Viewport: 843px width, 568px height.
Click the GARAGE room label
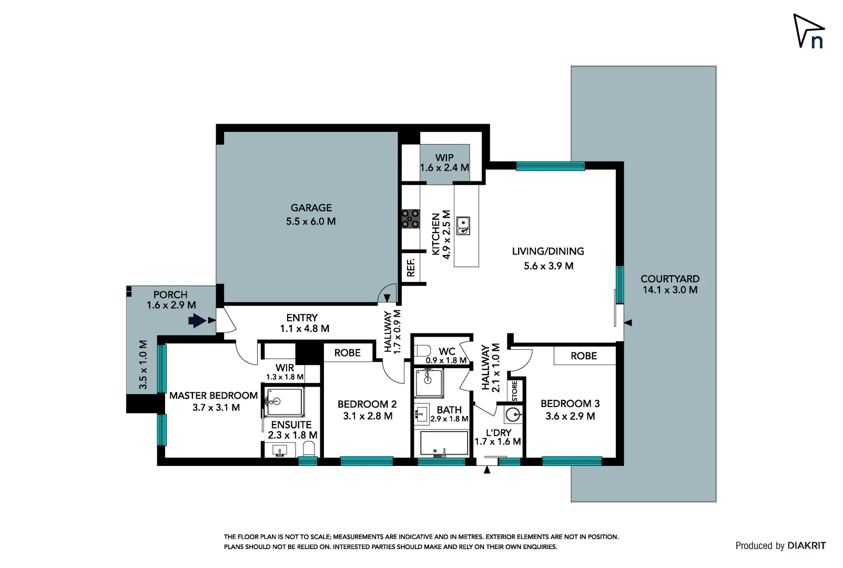tap(311, 208)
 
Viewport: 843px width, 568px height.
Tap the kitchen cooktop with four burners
tap(411, 219)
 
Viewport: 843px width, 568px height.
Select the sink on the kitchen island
tap(463, 226)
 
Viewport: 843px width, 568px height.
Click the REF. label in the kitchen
tap(411, 267)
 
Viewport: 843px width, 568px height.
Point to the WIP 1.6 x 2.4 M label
tap(444, 163)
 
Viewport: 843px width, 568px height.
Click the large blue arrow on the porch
tap(197, 320)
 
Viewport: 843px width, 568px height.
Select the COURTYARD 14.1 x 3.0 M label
tap(669, 284)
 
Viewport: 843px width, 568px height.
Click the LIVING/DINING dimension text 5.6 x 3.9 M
tap(548, 266)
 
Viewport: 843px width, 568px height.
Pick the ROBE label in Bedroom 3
tap(584, 356)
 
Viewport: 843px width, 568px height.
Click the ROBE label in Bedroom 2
tap(348, 353)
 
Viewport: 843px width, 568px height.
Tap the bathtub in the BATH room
tap(444, 444)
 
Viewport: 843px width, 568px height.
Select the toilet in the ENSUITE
tap(309, 450)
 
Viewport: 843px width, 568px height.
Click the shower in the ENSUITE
tap(284, 402)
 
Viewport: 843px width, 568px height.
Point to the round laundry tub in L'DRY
tap(513, 415)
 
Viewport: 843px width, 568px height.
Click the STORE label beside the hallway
tap(515, 391)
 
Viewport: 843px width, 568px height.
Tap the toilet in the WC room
tap(422, 351)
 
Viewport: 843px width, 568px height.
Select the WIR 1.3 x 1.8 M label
tap(285, 372)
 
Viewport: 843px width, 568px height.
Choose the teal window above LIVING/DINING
tap(550, 166)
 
